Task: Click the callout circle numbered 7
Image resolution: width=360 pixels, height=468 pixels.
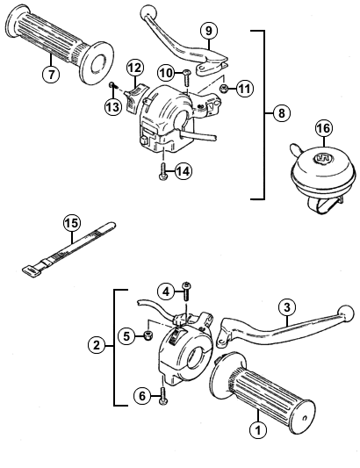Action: click(x=51, y=74)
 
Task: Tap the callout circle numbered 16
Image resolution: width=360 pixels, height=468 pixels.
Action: click(x=324, y=128)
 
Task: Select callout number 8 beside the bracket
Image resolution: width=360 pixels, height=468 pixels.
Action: click(x=282, y=113)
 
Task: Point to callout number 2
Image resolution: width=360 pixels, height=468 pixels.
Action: click(x=97, y=345)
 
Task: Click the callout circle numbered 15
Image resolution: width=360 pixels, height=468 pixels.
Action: click(x=72, y=223)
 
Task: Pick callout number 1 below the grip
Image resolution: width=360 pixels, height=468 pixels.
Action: click(x=258, y=430)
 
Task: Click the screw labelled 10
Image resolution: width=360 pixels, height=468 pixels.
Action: click(x=187, y=77)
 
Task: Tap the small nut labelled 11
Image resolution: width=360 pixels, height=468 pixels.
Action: click(x=224, y=89)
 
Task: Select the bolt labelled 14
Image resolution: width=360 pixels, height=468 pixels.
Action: click(x=163, y=171)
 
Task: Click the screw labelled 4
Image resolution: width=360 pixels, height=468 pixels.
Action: click(x=187, y=291)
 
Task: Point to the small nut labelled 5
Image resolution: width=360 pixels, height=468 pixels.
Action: click(x=148, y=335)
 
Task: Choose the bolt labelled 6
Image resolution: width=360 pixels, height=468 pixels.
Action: click(x=163, y=396)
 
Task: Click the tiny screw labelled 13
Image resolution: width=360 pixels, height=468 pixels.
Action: click(x=112, y=85)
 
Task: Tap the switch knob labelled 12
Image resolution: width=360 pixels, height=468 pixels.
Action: click(x=136, y=97)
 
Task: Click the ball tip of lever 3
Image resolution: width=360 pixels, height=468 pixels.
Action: click(x=345, y=313)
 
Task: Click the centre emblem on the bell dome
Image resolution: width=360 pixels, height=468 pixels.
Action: click(x=323, y=157)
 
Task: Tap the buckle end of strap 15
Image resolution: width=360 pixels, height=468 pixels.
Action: click(x=31, y=270)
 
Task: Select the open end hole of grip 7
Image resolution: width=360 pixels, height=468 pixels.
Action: click(x=97, y=63)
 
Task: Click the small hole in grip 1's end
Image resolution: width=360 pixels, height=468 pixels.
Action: click(x=304, y=418)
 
